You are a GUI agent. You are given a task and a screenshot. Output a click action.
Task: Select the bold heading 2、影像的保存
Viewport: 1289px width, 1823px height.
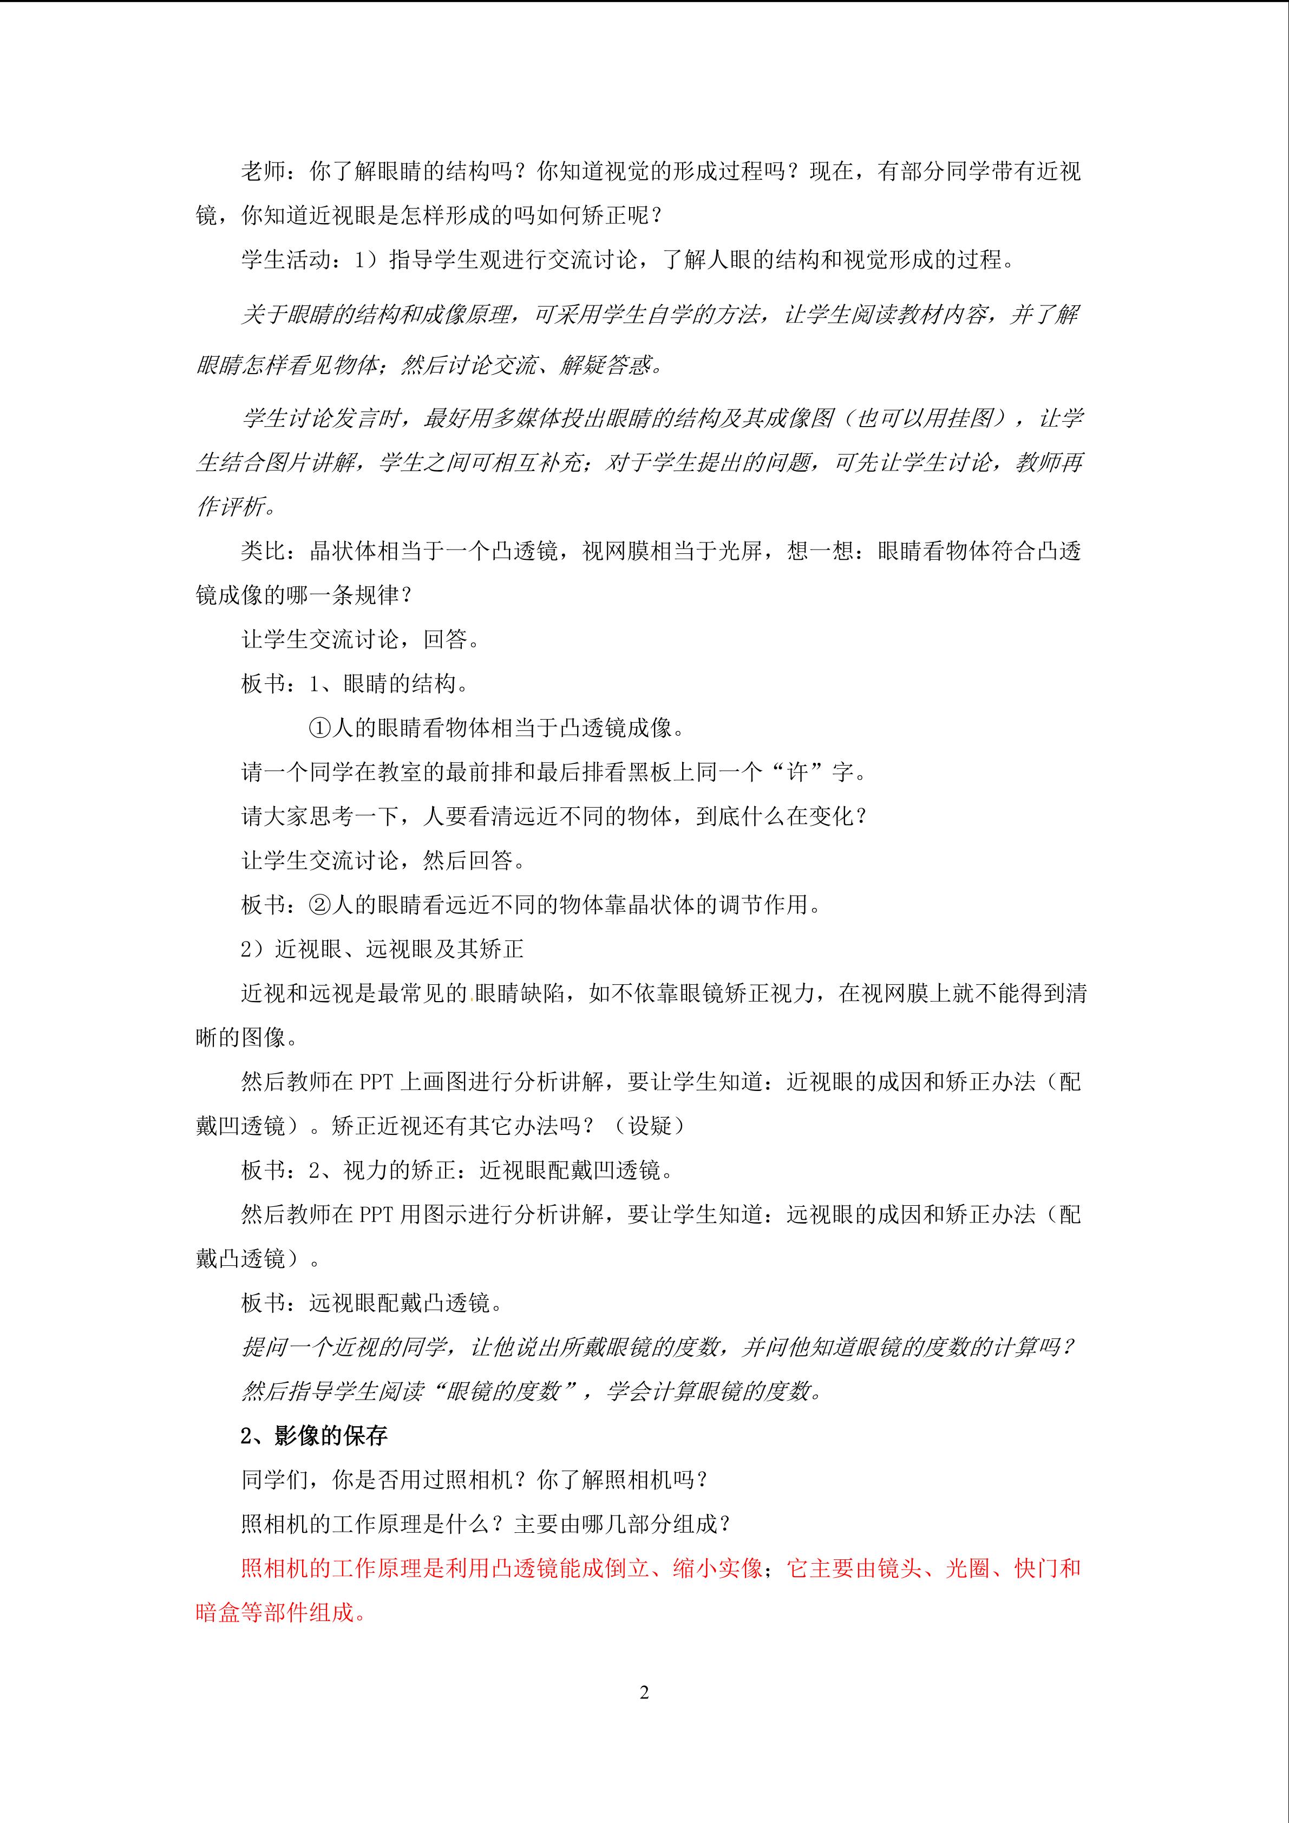[315, 1435]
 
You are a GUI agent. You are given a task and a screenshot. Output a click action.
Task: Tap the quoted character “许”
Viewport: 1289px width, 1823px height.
[797, 772]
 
